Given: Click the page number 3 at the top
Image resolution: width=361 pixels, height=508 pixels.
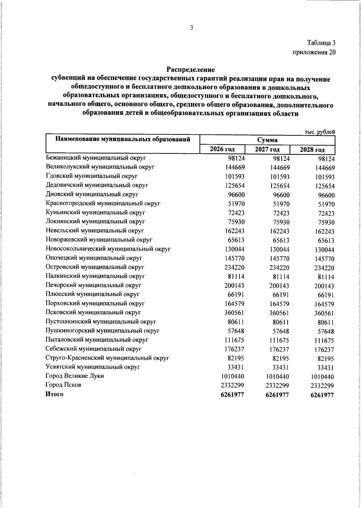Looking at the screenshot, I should (x=192, y=28).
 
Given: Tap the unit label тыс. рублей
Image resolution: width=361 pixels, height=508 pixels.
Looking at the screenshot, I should (x=320, y=132).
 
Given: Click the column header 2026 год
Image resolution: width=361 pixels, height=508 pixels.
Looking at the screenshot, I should (x=222, y=149).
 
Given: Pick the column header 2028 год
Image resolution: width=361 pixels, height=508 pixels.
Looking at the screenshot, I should (x=313, y=150).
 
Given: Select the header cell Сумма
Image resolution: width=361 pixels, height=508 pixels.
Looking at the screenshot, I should (x=267, y=140).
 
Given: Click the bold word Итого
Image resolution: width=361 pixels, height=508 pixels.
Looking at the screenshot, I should (x=54, y=394).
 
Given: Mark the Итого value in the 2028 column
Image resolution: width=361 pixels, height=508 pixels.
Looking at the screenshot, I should (x=322, y=395).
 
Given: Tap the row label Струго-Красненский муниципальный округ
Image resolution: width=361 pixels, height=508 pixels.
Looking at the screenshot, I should (x=107, y=358).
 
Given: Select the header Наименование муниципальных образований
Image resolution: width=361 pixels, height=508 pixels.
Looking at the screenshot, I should (x=123, y=139).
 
